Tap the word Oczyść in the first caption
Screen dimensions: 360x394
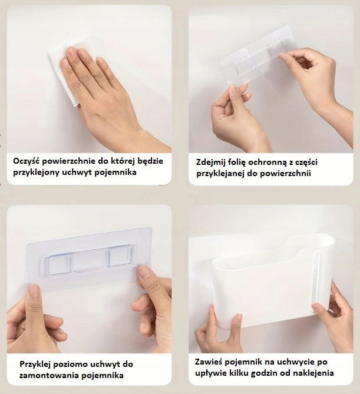[27, 161]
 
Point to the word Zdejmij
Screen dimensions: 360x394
[211, 162]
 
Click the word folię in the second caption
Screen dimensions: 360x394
[237, 163]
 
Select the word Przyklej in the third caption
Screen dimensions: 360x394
[36, 365]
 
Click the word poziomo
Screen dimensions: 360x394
[71, 365]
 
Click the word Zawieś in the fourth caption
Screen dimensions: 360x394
[209, 362]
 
